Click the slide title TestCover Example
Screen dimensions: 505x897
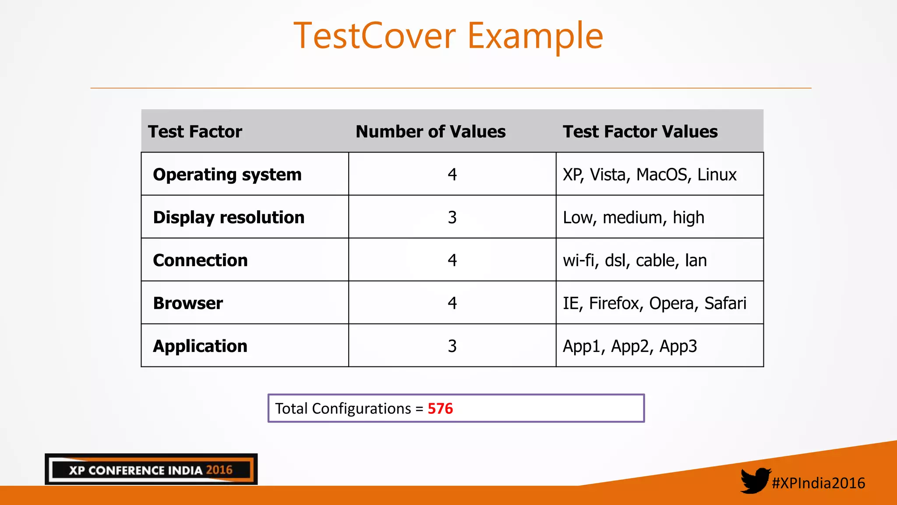coord(448,36)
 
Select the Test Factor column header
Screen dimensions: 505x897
coord(195,132)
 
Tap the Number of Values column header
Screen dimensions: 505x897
coord(431,132)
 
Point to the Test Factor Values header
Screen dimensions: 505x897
coord(640,132)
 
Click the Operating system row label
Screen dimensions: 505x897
coord(227,174)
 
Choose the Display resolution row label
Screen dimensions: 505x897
coord(229,217)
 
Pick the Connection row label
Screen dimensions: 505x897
coord(200,260)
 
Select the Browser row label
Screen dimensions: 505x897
coord(188,303)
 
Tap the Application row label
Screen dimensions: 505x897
coord(200,346)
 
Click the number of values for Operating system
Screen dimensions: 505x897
coord(452,174)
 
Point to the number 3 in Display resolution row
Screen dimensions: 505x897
coord(452,217)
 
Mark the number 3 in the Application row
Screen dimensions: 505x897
coord(452,346)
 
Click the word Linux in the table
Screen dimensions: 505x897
coord(717,174)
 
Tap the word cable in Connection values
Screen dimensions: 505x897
coord(655,260)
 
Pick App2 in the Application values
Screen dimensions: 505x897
coord(630,346)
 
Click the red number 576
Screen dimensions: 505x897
coord(440,409)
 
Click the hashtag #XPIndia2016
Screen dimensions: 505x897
coord(818,483)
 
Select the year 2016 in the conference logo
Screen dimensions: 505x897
coord(219,470)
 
